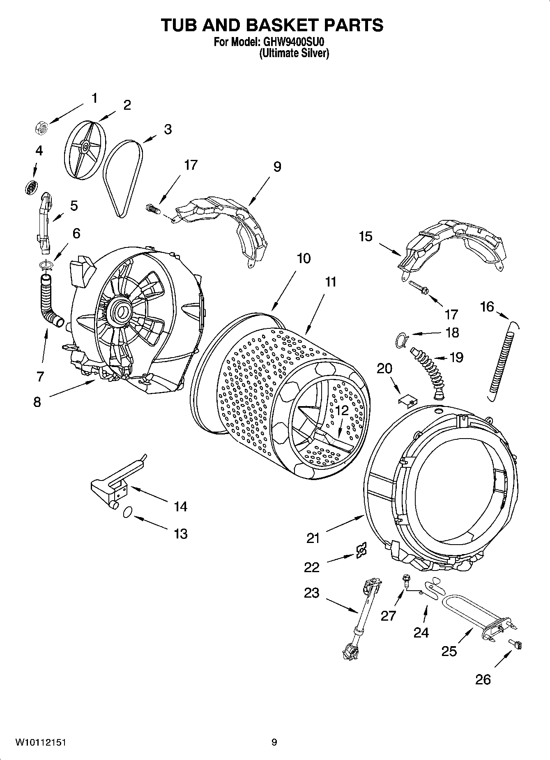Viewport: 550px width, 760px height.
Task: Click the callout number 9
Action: pos(277,167)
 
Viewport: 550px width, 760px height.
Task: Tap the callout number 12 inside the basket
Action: pos(342,410)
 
